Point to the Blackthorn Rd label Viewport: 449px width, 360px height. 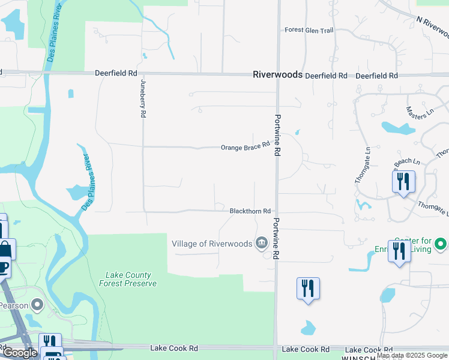(250, 211)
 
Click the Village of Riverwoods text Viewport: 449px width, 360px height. (211, 244)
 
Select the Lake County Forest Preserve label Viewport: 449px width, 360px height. (131, 279)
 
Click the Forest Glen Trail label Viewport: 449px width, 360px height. (308, 30)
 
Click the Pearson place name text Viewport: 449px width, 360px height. (14, 305)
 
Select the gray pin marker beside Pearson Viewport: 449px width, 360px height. (37, 306)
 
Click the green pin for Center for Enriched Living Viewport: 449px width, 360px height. (440, 244)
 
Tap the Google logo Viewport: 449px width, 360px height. (20, 352)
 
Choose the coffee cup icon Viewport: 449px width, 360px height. (4, 266)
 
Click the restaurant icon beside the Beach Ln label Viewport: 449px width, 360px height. (403, 181)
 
